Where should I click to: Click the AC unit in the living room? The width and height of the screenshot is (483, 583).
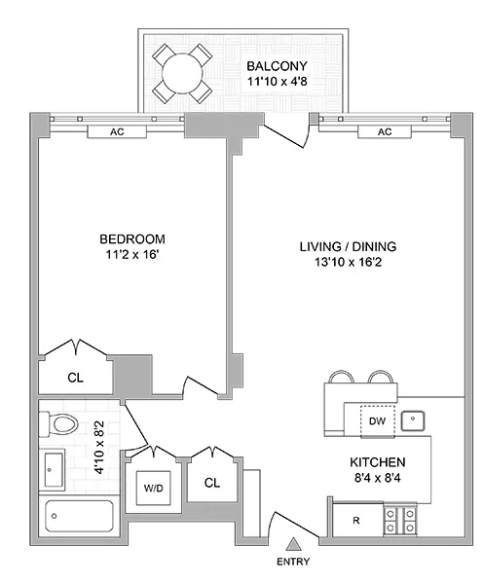[384, 131]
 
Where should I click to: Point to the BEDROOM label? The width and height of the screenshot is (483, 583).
[131, 239]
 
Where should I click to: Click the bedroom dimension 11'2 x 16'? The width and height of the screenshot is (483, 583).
[131, 256]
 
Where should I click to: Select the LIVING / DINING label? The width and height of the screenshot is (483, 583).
[348, 246]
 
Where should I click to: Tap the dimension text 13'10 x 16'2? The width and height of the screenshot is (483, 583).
[348, 263]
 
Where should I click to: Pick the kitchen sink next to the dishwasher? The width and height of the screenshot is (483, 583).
[414, 420]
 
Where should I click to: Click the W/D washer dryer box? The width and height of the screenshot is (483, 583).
[154, 487]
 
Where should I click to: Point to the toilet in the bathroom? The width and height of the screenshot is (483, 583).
[61, 424]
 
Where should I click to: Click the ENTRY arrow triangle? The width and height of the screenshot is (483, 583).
[293, 545]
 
